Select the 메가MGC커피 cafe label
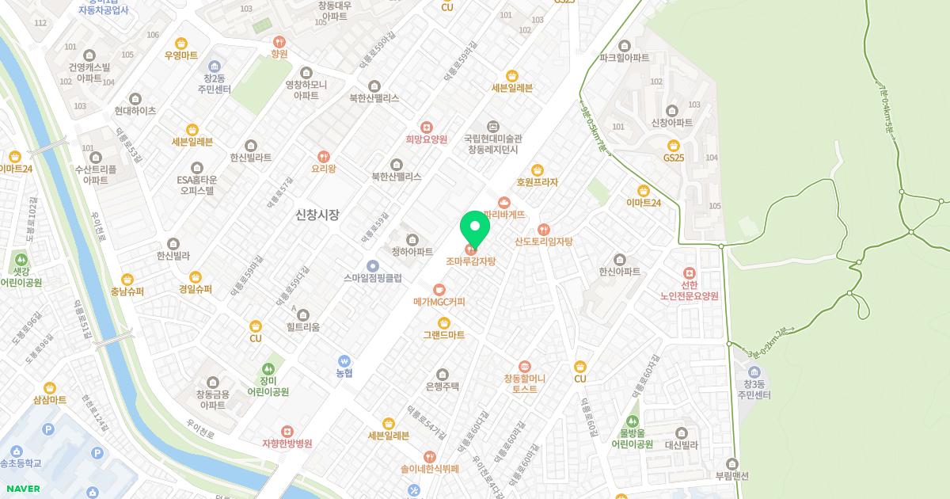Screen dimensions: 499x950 click(x=439, y=302)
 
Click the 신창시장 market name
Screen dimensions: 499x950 click(x=317, y=214)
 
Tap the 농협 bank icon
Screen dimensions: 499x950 click(x=344, y=360)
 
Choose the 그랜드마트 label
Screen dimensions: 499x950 click(x=443, y=335)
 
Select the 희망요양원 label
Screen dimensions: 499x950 click(x=427, y=139)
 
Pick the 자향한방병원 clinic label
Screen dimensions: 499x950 click(x=287, y=444)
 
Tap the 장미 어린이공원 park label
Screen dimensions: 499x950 click(x=268, y=386)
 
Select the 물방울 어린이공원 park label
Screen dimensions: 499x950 click(x=632, y=438)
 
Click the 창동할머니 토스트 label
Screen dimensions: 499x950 click(x=525, y=383)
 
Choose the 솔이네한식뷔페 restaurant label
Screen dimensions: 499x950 click(x=430, y=468)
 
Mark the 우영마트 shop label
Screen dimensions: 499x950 click(x=181, y=55)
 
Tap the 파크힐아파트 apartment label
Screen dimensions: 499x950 click(x=625, y=58)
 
